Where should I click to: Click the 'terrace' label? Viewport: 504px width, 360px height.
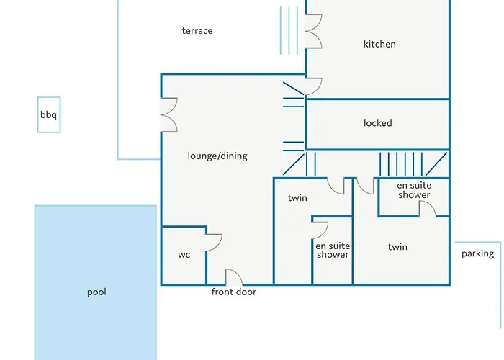[x=197, y=30]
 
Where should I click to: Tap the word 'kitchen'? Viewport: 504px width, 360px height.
[x=379, y=44]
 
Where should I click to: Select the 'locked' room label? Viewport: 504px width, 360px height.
[x=378, y=123]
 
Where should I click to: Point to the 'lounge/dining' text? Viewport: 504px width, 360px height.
[x=217, y=156]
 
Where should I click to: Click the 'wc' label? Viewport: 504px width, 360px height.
[x=184, y=255]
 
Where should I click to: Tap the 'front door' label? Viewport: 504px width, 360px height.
[x=234, y=292]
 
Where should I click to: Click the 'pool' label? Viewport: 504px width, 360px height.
[x=96, y=292]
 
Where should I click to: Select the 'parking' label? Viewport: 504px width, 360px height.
[x=477, y=254]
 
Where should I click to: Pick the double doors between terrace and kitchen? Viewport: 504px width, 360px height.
[x=313, y=31]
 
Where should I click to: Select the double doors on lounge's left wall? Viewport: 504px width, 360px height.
[x=169, y=114]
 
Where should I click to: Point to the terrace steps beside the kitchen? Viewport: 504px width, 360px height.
[x=289, y=30]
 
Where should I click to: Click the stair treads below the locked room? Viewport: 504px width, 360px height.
[x=401, y=164]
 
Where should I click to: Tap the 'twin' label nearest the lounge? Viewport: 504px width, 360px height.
[x=297, y=198]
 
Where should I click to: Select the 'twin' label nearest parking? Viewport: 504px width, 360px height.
[x=397, y=247]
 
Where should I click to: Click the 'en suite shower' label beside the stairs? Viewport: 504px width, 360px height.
[x=414, y=190]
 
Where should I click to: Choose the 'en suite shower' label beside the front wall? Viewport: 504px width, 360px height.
[x=333, y=251]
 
